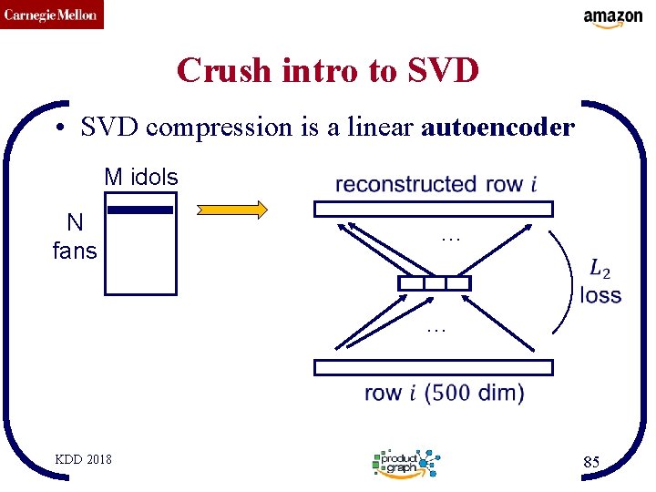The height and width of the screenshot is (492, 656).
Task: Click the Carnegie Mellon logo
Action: click(52, 15)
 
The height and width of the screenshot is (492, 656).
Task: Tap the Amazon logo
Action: click(613, 18)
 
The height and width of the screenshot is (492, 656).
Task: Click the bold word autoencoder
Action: click(497, 128)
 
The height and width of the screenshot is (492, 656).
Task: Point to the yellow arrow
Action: click(233, 210)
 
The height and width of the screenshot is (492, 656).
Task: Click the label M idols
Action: click(141, 177)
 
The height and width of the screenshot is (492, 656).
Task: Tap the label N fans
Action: click(75, 237)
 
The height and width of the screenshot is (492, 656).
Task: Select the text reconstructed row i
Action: click(436, 184)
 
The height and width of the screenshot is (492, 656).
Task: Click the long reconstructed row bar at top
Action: click(433, 209)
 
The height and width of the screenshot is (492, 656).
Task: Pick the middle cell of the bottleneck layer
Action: click(435, 283)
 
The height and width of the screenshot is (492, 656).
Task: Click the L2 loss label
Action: click(600, 282)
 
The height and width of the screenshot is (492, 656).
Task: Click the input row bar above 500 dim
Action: click(433, 367)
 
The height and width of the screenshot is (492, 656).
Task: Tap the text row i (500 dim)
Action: click(444, 394)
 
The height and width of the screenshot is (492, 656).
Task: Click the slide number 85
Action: click(591, 463)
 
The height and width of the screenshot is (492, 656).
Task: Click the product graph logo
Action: click(406, 463)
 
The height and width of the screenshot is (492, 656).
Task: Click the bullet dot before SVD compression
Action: click(57, 128)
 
